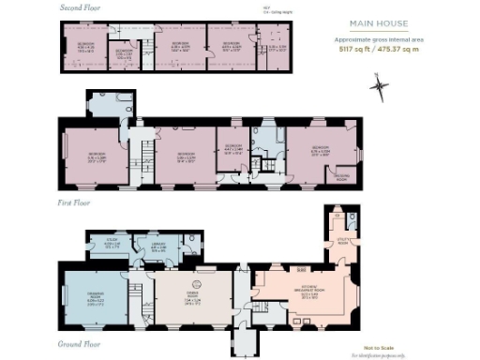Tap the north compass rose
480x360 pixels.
click(379, 87)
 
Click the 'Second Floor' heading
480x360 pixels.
click(82, 7)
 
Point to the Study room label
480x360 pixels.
click(112, 242)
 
